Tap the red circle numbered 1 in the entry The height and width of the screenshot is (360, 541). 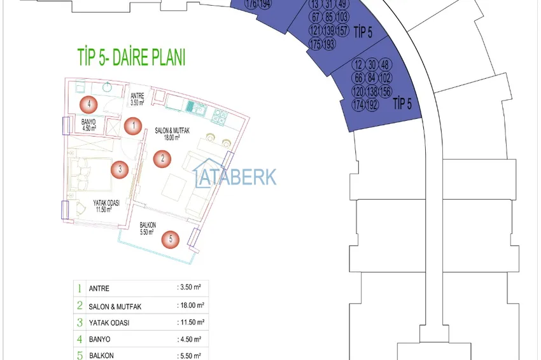(x=132, y=125)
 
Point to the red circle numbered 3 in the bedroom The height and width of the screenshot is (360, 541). (x=118, y=169)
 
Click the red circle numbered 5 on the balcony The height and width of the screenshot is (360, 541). (x=169, y=239)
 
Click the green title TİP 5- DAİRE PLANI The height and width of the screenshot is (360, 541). (x=130, y=59)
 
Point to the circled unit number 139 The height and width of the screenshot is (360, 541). (x=329, y=31)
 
